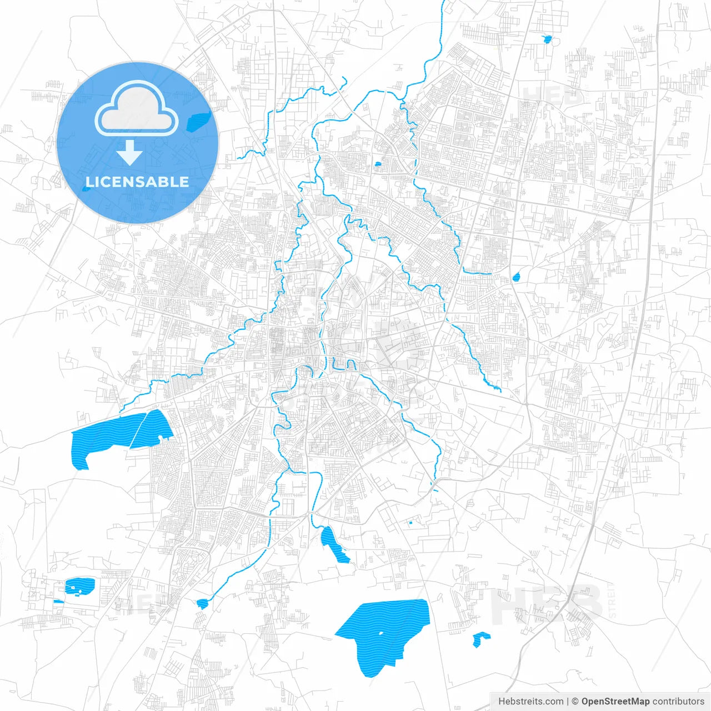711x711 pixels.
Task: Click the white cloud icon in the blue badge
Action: click(x=136, y=109)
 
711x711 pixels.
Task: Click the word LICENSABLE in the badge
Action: click(x=137, y=182)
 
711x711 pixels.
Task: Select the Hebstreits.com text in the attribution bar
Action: click(x=531, y=702)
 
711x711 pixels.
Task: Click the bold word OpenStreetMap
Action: click(x=615, y=702)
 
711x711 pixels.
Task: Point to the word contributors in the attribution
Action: click(x=678, y=702)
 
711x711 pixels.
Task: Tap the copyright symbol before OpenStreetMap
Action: click(x=575, y=702)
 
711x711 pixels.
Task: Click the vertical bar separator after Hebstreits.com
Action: click(x=568, y=702)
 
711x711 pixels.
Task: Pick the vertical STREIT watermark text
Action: click(x=612, y=600)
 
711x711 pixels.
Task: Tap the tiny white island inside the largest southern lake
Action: click(x=381, y=633)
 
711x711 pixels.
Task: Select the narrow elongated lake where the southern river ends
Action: click(x=332, y=543)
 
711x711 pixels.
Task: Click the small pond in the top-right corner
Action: click(x=547, y=39)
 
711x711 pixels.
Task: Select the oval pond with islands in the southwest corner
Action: click(x=79, y=585)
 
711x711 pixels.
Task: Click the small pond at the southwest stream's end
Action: click(x=202, y=603)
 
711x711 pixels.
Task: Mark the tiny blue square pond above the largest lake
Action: click(x=410, y=522)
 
